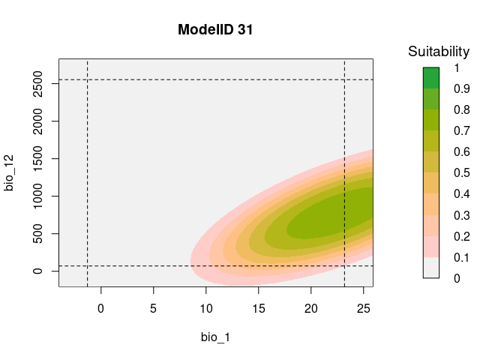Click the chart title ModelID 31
216,31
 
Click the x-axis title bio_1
215,337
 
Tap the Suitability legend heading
439,52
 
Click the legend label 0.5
462,173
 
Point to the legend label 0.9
462,89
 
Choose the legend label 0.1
462,257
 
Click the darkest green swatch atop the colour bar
430,78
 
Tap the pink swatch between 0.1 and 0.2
430,246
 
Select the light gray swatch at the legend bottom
430,267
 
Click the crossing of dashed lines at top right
344,79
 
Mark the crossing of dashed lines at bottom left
88,265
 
